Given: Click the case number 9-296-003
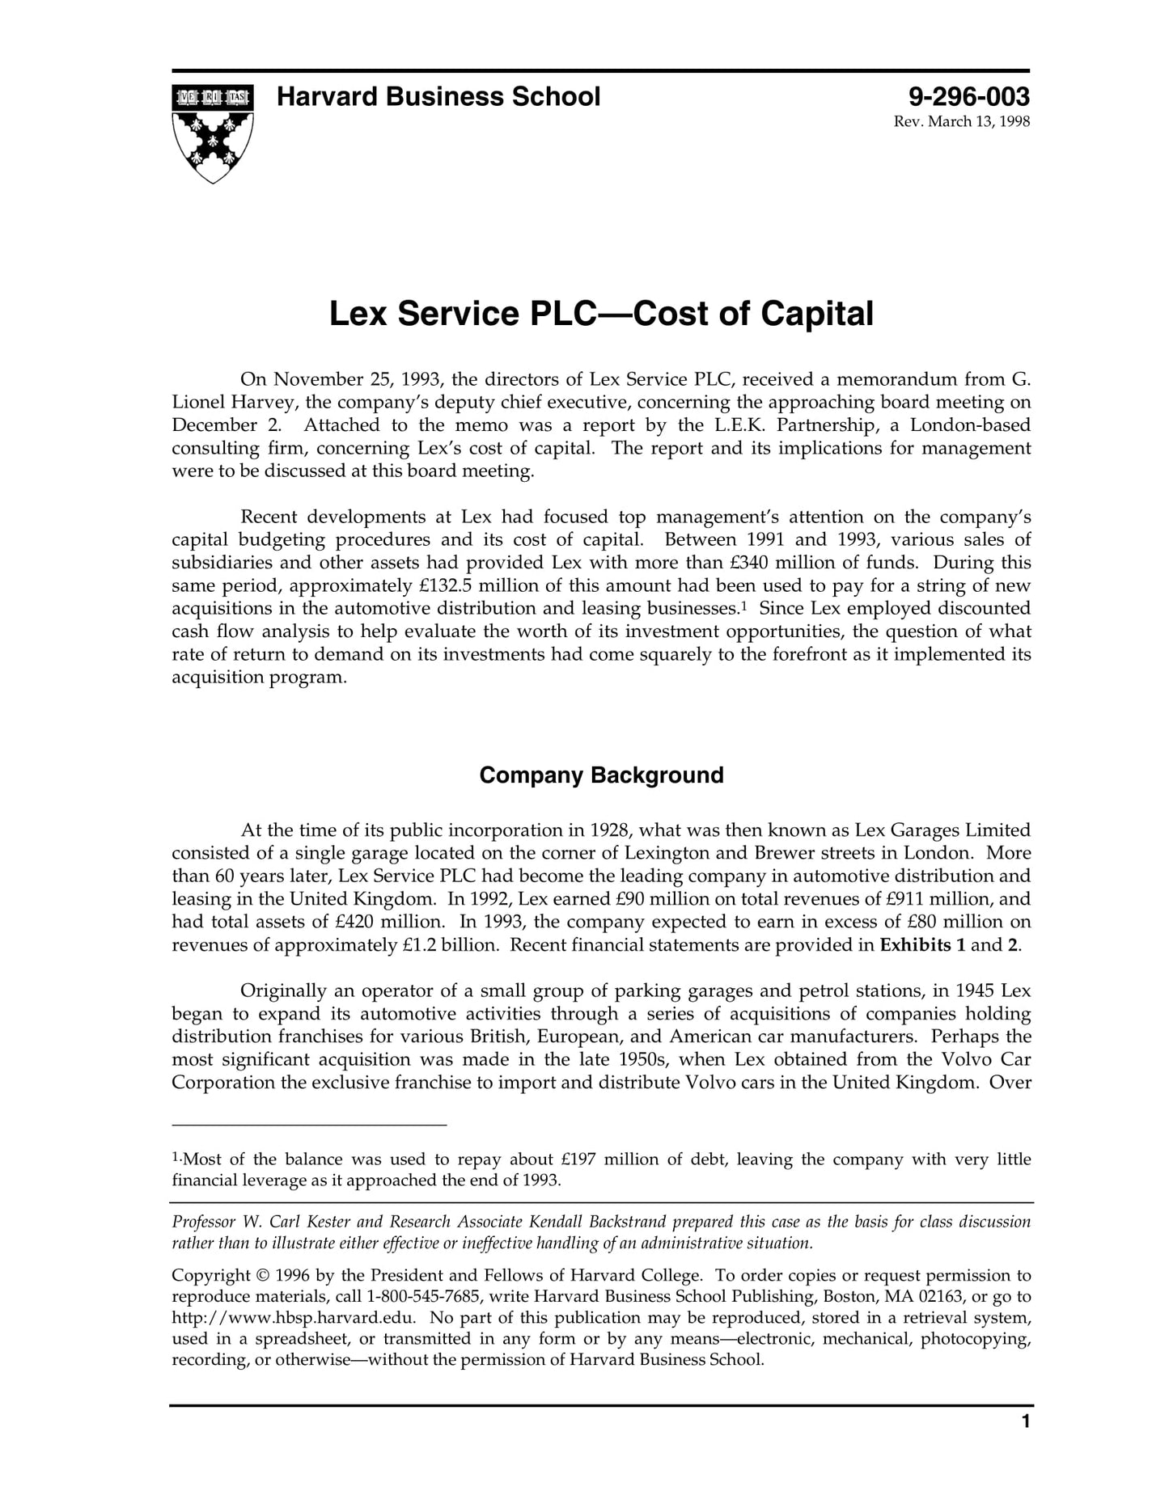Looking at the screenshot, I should point(968,98).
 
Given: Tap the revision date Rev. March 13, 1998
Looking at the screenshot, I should point(961,122).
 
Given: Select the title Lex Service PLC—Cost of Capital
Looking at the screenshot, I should point(601,314).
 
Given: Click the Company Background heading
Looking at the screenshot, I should point(601,775).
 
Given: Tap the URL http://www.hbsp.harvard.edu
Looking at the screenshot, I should point(293,1318).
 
